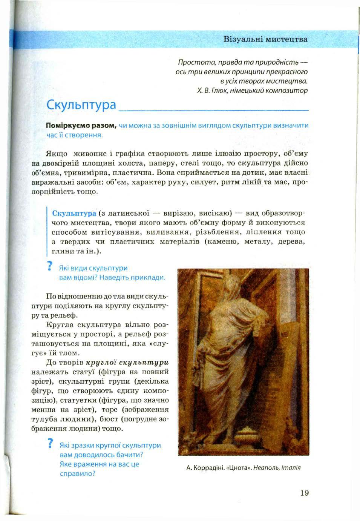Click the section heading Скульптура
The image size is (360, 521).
coord(80,104)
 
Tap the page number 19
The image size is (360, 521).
coord(305,493)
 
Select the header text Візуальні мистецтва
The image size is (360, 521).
coord(265,39)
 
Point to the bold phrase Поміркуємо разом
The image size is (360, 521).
coord(80,126)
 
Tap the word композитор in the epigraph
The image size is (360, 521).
coord(291,91)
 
